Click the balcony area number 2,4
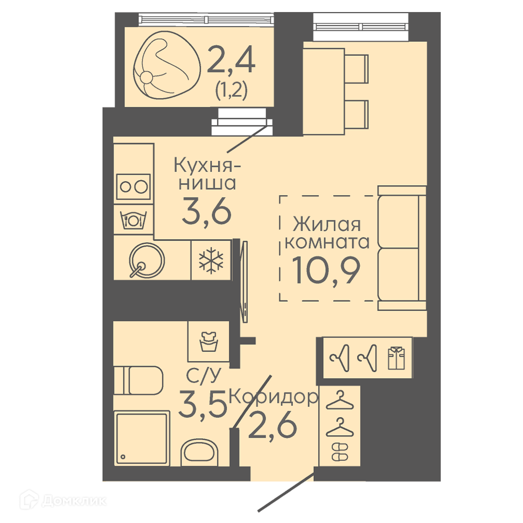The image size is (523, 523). click(231, 60)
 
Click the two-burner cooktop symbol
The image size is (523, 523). click(133, 187)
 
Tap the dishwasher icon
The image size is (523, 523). click(133, 220)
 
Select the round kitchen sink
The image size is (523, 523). click(146, 260)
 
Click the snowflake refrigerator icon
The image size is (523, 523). click(211, 260)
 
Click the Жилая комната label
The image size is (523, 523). click(327, 233)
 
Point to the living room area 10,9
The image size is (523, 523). click(326, 270)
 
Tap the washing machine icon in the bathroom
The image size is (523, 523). click(209, 341)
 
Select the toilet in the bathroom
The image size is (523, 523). click(138, 380)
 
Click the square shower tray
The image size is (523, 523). click(141, 438)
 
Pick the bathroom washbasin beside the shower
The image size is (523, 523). click(199, 452)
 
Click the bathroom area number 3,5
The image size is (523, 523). click(202, 404)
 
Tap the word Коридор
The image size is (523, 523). click(274, 397)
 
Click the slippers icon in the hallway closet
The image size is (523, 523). click(340, 452)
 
